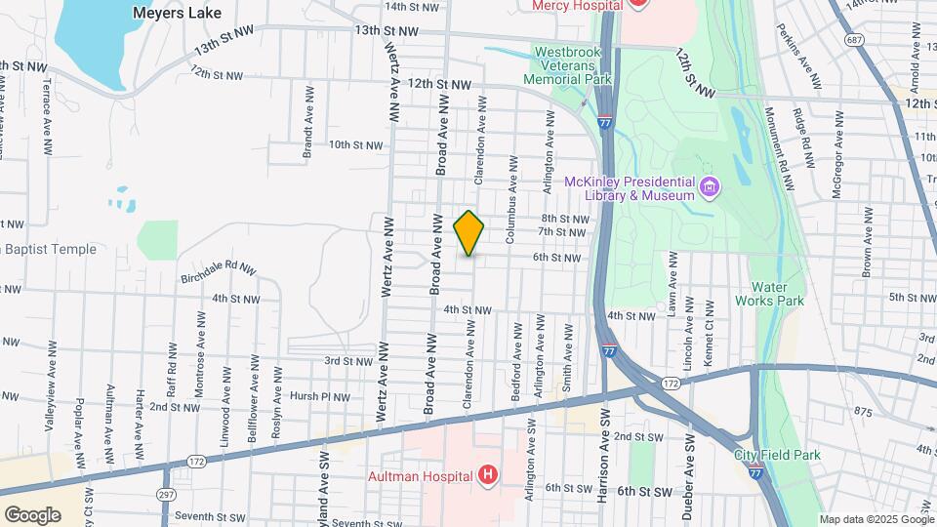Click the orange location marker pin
pos(469,233)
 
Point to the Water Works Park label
pos(777,294)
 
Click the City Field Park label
pos(777,455)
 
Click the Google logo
pos(32,514)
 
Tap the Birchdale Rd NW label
pos(218,271)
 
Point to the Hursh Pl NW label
pos(320,396)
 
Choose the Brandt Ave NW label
pos(306,135)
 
